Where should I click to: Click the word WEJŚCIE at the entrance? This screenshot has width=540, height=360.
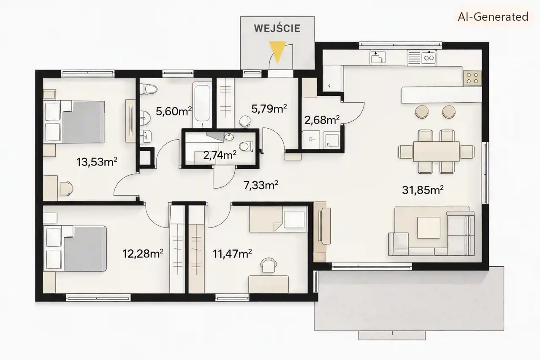pos(277,28)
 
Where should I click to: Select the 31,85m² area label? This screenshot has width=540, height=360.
pos(423,190)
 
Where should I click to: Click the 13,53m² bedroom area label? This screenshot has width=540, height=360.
pos(97,162)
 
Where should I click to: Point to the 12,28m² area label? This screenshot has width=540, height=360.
pos(143,254)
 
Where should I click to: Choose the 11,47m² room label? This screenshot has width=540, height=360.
pos(232,254)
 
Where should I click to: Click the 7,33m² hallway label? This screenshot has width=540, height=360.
pos(261,185)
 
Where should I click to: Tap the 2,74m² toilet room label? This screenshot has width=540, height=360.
pos(220,155)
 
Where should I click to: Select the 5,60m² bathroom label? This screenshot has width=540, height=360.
pos(174,111)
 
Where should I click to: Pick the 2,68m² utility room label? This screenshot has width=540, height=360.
pos(322,120)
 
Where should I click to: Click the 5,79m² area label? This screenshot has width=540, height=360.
pos(269,108)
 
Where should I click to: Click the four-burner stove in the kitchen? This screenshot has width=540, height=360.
pos(472,78)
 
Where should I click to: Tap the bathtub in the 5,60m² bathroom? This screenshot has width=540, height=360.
pos(202,105)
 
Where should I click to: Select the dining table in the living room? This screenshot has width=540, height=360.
pos(436,152)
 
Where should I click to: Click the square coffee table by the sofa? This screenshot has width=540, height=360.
pos(429,227)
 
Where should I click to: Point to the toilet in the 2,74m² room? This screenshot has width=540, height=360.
pos(246,146)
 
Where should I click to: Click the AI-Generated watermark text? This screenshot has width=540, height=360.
pos(493,17)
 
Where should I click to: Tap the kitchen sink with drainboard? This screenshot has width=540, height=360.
pos(422,58)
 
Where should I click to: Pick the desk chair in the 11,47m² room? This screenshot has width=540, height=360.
pos(269,265)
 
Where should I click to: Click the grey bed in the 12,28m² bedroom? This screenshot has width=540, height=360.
pos(75,249)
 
